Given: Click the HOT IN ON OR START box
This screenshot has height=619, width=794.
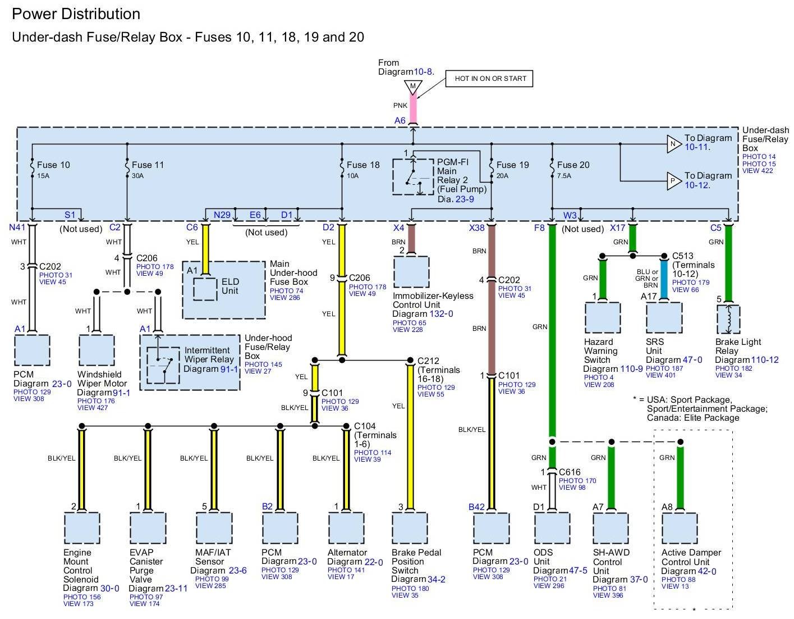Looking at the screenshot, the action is (x=489, y=79).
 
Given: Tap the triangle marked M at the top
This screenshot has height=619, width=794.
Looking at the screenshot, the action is (x=413, y=87).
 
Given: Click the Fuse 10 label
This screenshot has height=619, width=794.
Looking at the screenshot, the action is (x=53, y=165).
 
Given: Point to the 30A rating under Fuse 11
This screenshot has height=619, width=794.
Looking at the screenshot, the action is (x=137, y=176).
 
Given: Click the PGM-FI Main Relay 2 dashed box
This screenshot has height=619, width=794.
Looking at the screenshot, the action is (x=413, y=176).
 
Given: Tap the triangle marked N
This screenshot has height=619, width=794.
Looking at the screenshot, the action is (x=674, y=144).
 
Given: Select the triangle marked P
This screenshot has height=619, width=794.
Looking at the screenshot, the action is (x=674, y=181).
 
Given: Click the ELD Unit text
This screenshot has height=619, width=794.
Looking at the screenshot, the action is (x=230, y=286).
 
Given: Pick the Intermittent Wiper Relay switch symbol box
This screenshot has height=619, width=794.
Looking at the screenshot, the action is (x=163, y=365).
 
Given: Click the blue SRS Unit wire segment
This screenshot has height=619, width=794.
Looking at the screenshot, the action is (x=664, y=279).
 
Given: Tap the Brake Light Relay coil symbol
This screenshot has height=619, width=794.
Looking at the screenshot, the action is (x=728, y=319).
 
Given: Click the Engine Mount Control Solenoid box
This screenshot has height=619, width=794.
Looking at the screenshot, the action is (x=82, y=528).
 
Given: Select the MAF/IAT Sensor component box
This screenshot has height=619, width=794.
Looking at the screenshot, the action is (x=214, y=528).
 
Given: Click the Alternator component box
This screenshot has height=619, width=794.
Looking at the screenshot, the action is (x=346, y=528).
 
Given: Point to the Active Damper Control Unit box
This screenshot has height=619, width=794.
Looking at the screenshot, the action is (x=680, y=528).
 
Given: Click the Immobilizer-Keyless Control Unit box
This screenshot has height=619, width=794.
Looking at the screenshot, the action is (x=411, y=272).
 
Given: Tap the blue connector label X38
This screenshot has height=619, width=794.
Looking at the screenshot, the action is (x=476, y=228).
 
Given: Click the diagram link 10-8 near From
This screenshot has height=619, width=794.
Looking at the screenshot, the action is (x=423, y=72).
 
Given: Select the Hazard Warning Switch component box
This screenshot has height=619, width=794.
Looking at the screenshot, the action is (x=603, y=317).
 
